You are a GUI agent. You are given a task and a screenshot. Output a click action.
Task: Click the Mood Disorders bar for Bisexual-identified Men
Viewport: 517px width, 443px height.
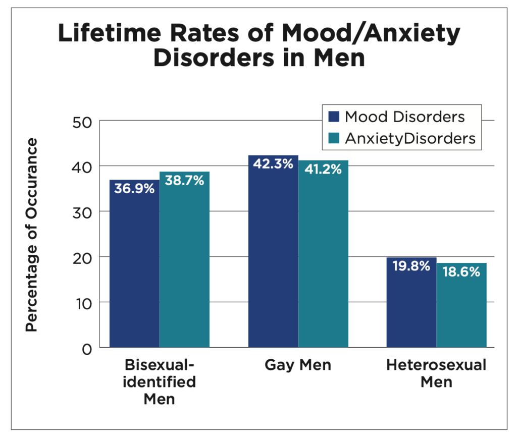[x=134, y=267]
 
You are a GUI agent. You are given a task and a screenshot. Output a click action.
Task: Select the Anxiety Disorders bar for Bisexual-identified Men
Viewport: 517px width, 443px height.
[x=184, y=262]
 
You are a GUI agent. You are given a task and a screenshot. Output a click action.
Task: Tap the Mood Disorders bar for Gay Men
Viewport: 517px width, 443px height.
[x=273, y=257]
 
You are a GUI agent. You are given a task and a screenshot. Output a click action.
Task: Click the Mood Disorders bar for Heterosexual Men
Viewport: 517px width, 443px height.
[x=411, y=308]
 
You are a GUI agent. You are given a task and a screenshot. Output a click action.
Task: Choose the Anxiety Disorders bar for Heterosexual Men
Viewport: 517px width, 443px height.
[x=461, y=310]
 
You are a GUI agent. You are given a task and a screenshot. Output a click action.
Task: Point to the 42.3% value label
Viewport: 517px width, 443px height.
[x=273, y=164]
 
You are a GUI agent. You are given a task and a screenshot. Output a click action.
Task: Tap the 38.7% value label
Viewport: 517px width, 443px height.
[x=184, y=180]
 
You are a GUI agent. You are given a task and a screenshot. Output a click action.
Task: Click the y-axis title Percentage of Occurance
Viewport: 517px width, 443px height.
[x=32, y=235]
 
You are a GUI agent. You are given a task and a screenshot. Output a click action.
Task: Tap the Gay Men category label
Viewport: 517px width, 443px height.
[x=298, y=365]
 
